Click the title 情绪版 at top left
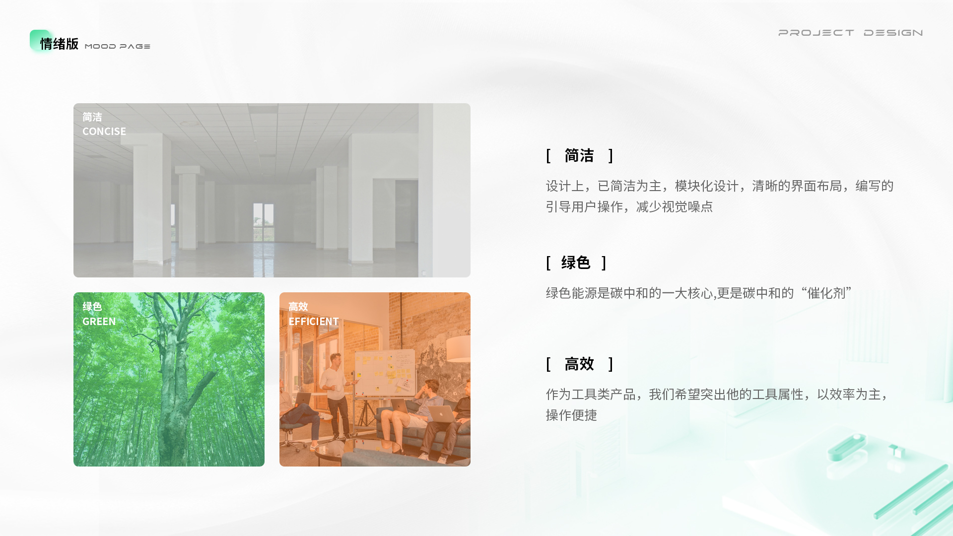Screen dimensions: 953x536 click(x=59, y=44)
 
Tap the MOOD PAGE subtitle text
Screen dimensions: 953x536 click(x=118, y=46)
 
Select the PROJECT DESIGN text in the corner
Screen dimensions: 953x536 click(x=850, y=33)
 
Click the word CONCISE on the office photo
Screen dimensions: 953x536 click(x=104, y=132)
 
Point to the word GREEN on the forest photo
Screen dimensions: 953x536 click(x=99, y=322)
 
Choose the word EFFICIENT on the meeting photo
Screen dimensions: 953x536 click(x=314, y=322)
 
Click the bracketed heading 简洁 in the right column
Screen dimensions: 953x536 click(x=579, y=156)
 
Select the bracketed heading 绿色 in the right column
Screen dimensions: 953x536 click(x=576, y=263)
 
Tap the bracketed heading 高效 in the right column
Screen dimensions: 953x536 click(x=579, y=364)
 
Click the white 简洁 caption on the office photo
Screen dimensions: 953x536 click(x=92, y=117)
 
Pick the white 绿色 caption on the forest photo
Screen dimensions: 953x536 click(x=92, y=307)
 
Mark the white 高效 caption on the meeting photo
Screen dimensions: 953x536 click(x=298, y=307)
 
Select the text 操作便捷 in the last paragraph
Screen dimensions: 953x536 click(x=571, y=415)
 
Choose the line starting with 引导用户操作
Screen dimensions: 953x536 click(x=629, y=206)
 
